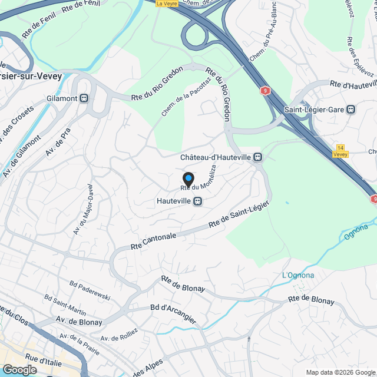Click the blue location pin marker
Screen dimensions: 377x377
(188, 179)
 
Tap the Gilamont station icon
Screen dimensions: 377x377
(84, 98)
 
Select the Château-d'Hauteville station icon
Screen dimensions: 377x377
(257, 157)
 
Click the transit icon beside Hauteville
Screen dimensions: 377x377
(199, 201)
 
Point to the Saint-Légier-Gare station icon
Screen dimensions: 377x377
(352, 109)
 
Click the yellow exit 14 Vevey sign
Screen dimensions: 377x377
(340, 150)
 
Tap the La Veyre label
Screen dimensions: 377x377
(167, 3)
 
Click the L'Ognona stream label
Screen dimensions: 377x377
(298, 275)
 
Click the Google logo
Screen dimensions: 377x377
(19, 369)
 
